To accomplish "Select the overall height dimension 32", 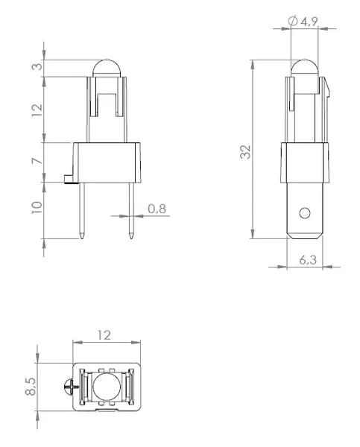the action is coord(245,152).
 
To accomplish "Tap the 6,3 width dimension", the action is coord(308,260).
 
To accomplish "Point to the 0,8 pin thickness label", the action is coord(157,209).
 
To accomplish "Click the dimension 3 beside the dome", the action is coord(37,66).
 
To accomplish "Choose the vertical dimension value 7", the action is coord(37,161).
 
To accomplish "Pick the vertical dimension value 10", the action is coord(37,207).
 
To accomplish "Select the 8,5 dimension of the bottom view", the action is coord(31,387).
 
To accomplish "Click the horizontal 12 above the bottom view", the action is coord(104,335).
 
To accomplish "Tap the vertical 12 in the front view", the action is coord(37,110).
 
